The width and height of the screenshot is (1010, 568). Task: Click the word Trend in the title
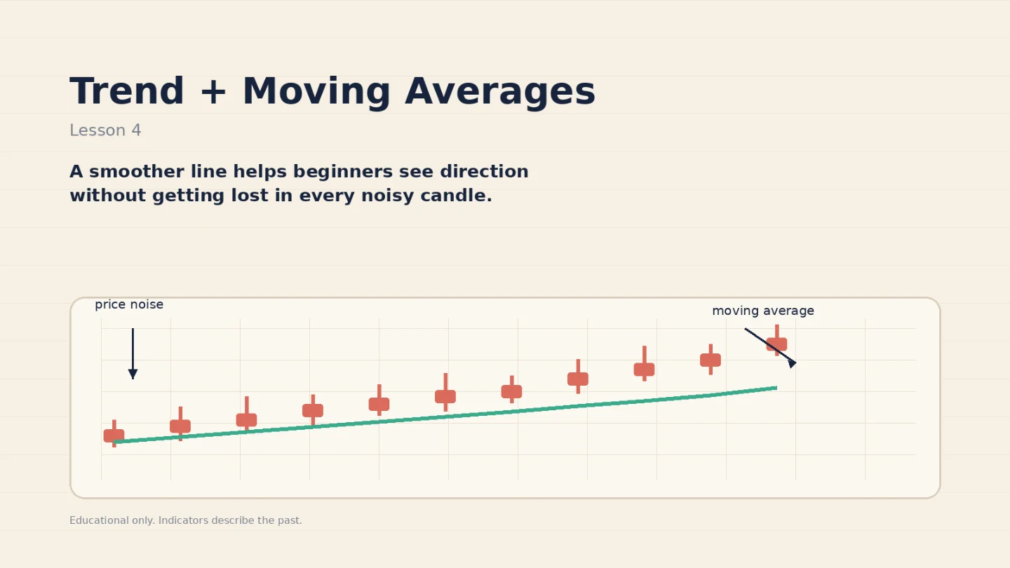point(127,91)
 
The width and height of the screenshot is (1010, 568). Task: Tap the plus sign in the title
point(213,92)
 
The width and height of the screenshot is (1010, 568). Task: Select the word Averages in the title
point(500,93)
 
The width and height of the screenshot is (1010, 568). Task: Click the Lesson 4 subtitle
point(105,130)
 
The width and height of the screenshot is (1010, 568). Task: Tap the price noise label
point(129,305)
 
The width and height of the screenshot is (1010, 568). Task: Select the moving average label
point(763,311)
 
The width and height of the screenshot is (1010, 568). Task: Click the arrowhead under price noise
point(133,374)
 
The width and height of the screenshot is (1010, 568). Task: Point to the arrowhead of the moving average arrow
point(793,363)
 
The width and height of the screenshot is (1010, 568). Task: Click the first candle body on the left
point(114,435)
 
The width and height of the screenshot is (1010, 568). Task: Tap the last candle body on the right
point(776,344)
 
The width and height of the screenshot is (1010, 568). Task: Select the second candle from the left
point(180,424)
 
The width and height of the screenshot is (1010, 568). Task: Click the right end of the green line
point(776,388)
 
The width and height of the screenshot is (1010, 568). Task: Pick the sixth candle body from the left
point(445,397)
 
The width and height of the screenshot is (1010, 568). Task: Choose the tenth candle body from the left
point(711,360)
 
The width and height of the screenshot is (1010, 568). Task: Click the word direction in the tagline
point(484,171)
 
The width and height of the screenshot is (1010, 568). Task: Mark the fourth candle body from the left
point(313,411)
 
